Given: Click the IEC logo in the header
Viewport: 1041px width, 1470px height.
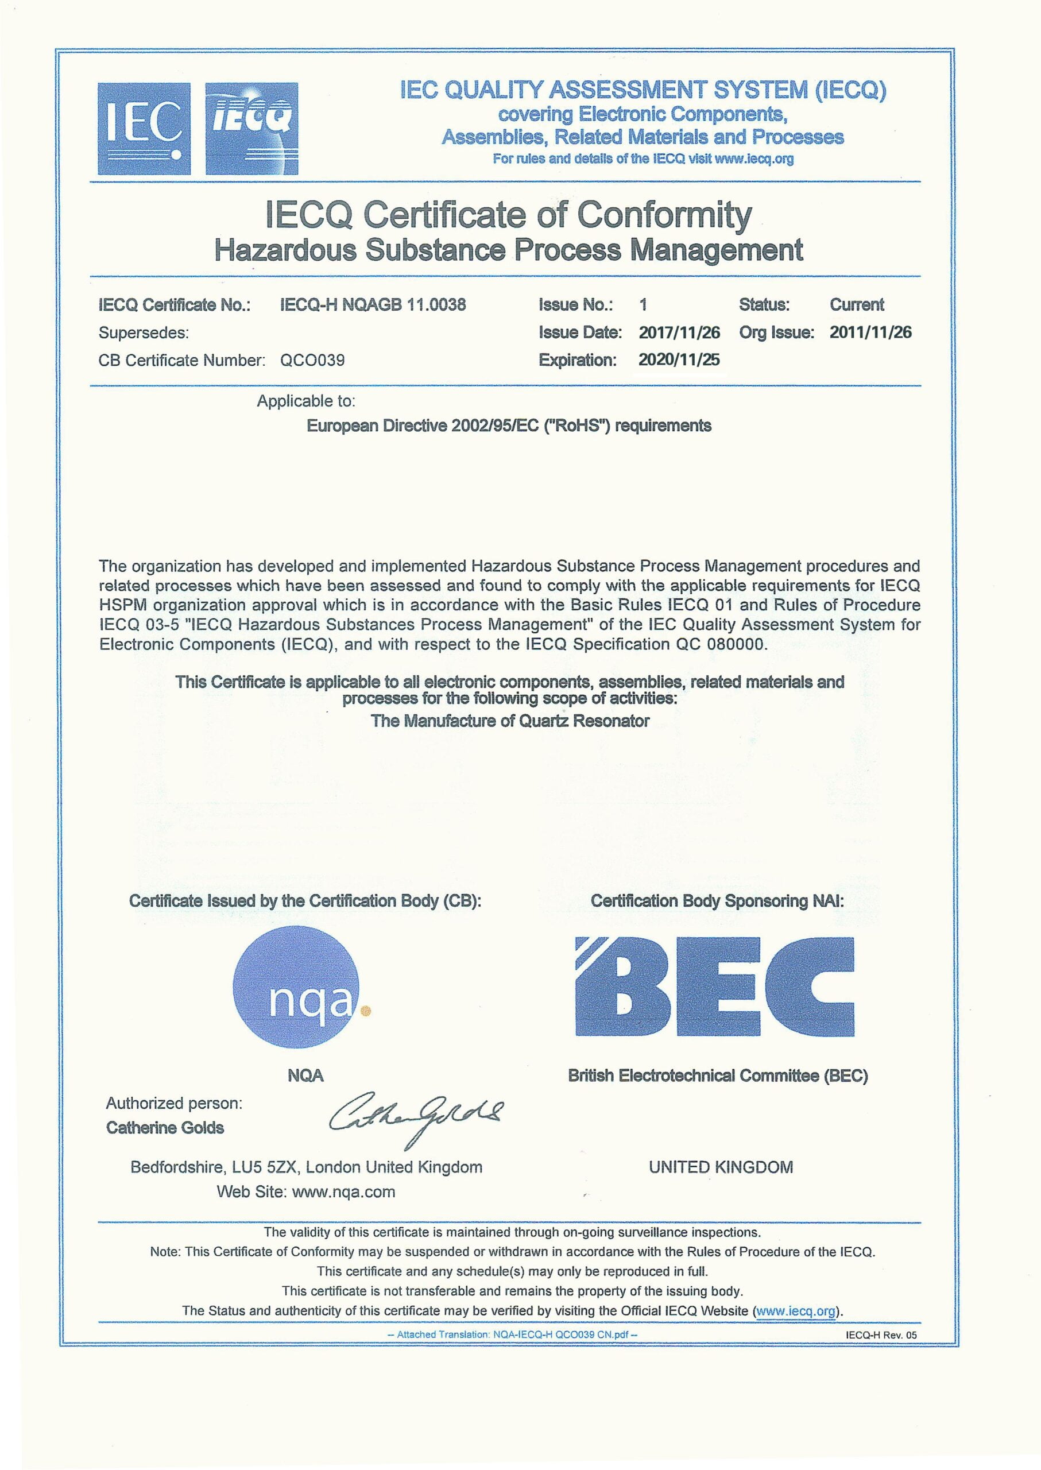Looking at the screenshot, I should [144, 128].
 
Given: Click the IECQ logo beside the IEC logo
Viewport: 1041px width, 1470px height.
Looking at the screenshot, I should [251, 128].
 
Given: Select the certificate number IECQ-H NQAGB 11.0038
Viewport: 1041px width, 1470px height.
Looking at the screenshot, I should [373, 304].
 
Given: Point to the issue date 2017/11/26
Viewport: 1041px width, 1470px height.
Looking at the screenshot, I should [679, 332].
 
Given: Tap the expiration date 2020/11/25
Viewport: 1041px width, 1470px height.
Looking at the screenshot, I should [679, 359].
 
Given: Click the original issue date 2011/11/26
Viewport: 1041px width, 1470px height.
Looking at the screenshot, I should [870, 332].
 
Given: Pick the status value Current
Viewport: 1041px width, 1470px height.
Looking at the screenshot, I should [856, 304].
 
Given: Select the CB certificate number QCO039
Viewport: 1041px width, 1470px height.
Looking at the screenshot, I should [312, 360].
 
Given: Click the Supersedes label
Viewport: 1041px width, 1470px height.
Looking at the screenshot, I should [144, 332].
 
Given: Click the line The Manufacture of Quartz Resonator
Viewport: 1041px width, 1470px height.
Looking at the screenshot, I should [510, 721].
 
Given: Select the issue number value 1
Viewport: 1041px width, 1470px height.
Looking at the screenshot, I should [643, 304].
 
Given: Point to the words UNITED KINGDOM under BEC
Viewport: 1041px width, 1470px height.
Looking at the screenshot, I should [721, 1167].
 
